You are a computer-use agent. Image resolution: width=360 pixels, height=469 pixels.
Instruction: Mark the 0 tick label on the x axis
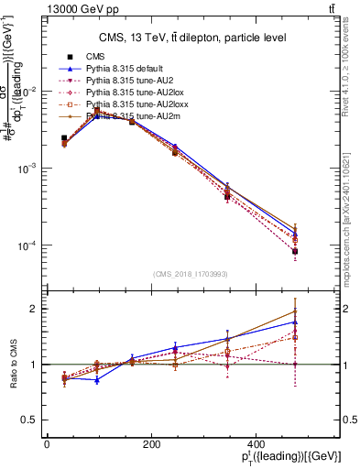click(47, 444)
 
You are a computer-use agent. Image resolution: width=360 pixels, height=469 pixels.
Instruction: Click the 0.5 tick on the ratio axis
click(32, 420)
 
